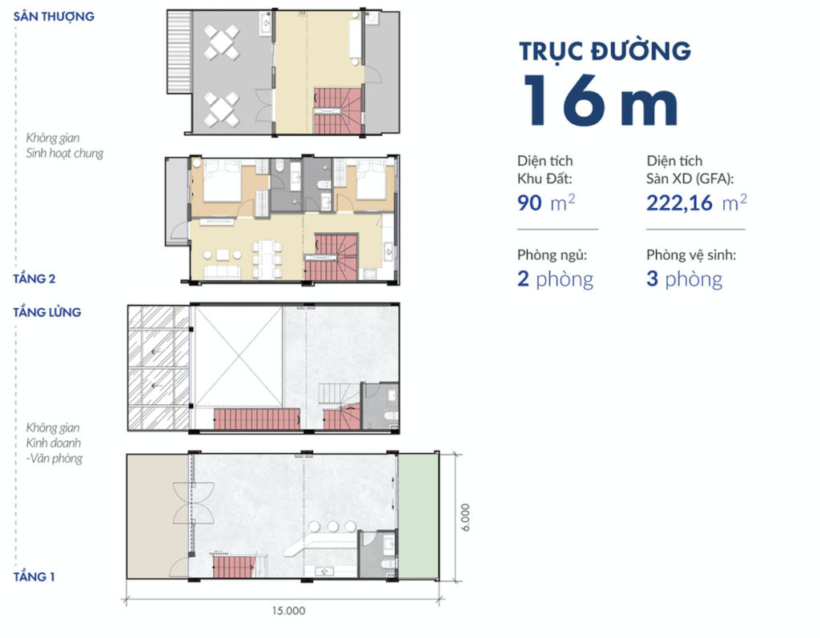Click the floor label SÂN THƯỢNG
click(54, 16)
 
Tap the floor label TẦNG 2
click(34, 279)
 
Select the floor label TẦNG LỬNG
click(47, 312)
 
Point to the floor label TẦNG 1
click(34, 576)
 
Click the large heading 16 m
click(601, 100)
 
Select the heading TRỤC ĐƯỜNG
click(605, 50)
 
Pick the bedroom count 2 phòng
click(555, 279)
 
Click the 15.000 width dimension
click(288, 611)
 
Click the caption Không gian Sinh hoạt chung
click(64, 146)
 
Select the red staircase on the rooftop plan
click(337, 110)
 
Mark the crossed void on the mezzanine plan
click(239, 357)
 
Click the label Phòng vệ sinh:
click(691, 255)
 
